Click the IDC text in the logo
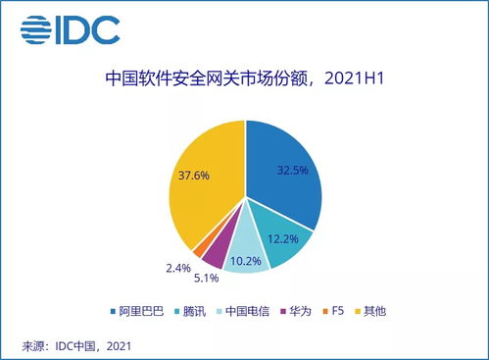pyautogui.click(x=92, y=29)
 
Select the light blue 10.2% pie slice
pyautogui.click(x=244, y=258)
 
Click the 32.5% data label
pyautogui.click(x=293, y=169)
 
